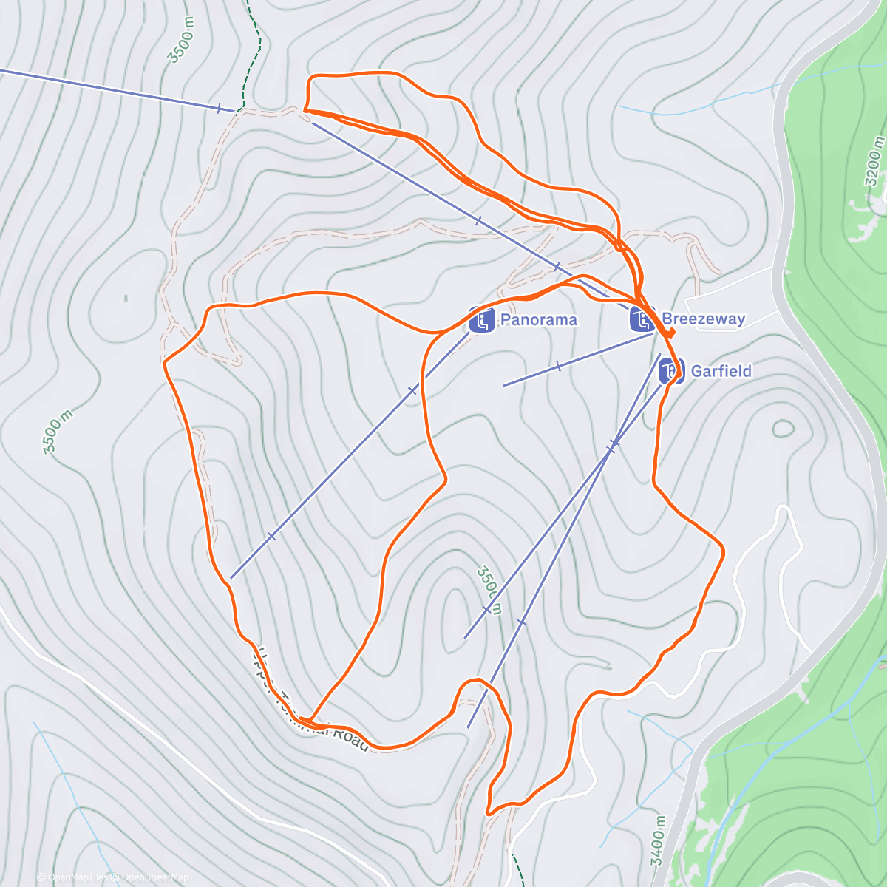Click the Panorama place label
click(x=538, y=320)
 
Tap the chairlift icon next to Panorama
click(x=482, y=321)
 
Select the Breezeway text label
click(x=703, y=319)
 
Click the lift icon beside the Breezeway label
click(x=642, y=319)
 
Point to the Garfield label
click(x=721, y=371)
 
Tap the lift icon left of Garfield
click(x=671, y=370)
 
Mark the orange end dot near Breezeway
click(x=671, y=332)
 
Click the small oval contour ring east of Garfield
click(x=783, y=428)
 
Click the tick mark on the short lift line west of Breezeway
click(x=558, y=366)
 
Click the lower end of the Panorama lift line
click(x=231, y=577)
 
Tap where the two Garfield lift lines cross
click(x=611, y=446)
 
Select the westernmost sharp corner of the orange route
click(x=164, y=363)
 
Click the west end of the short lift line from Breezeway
click(x=504, y=385)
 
